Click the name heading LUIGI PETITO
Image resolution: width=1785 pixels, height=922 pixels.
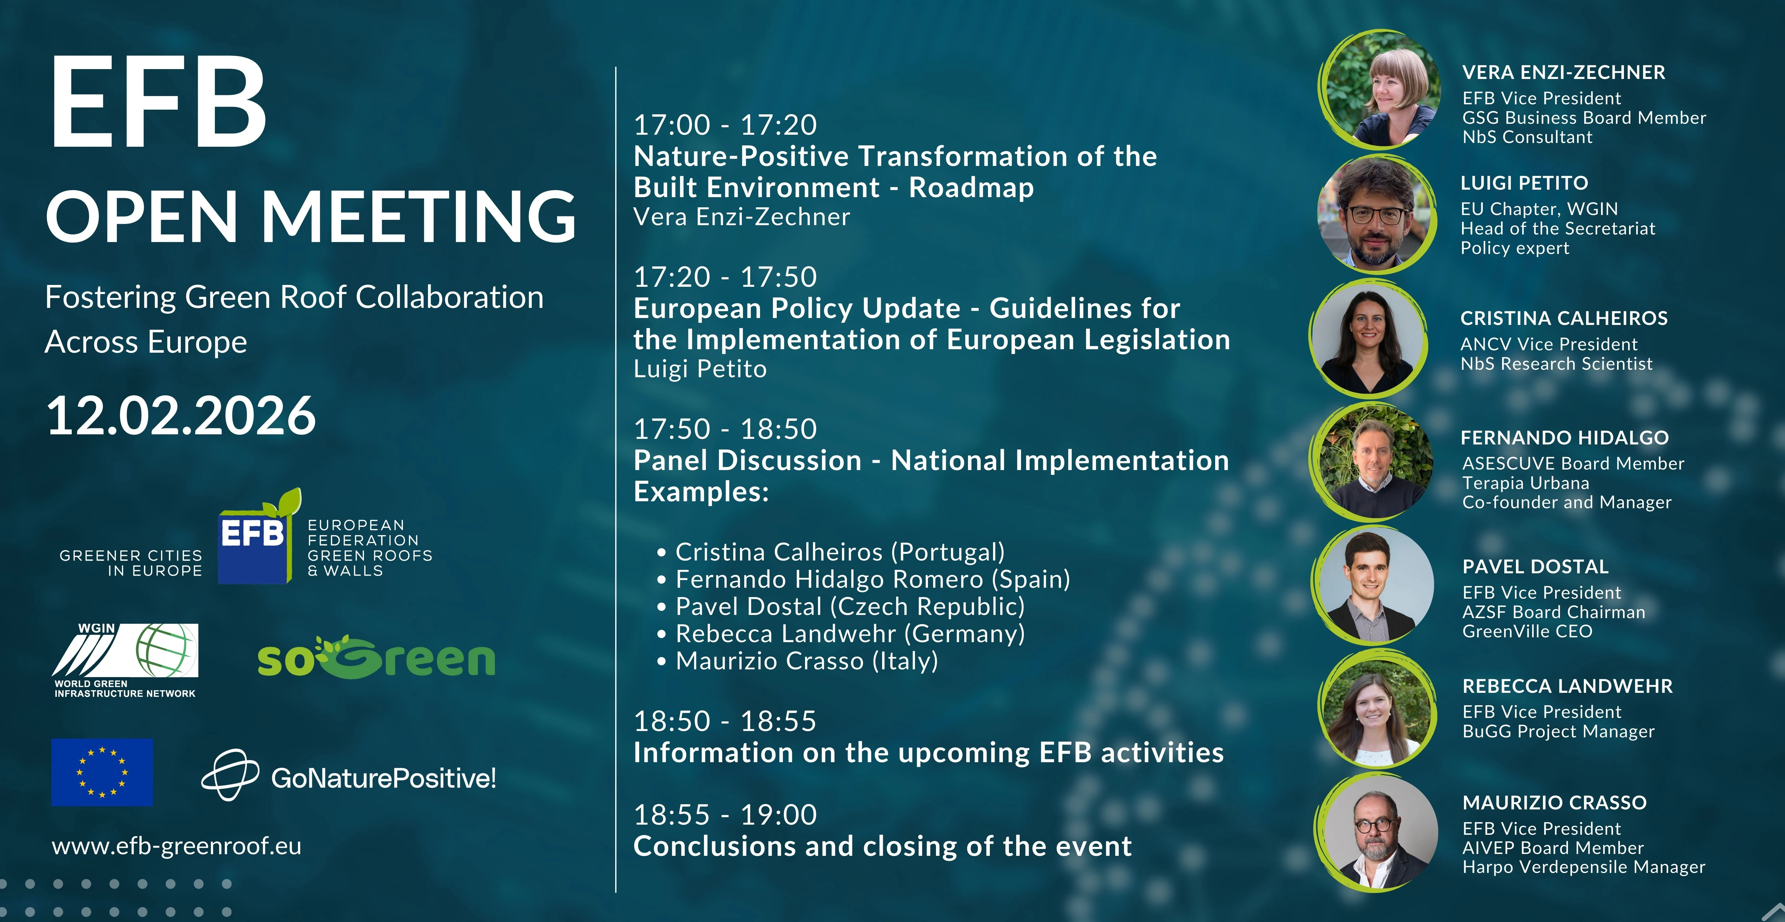[1524, 183]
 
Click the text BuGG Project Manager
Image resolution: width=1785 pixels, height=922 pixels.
[1558, 731]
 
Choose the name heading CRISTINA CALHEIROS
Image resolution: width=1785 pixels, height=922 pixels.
[1564, 318]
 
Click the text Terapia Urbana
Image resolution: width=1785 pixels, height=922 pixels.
[1526, 483]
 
